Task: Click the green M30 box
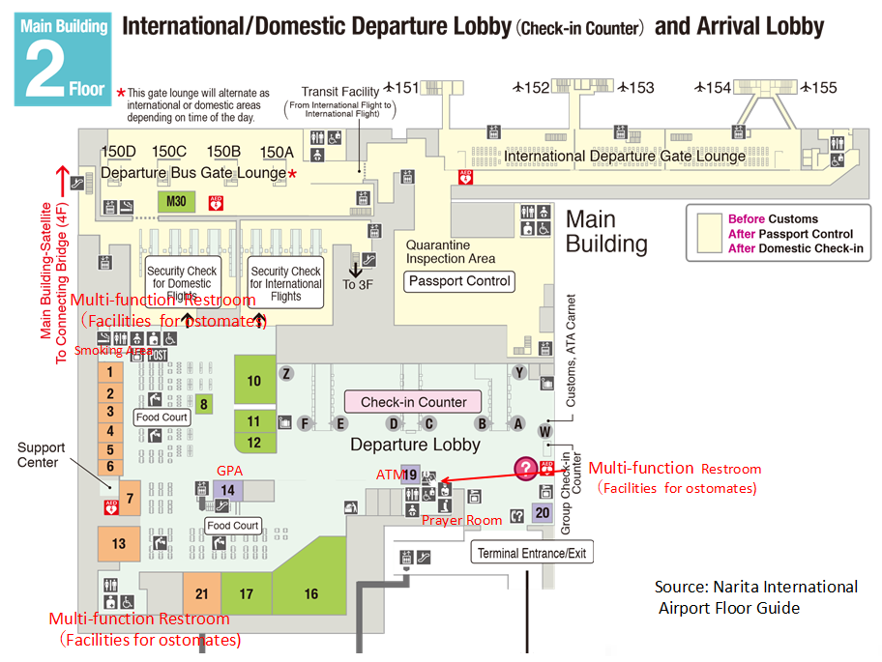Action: click(x=176, y=202)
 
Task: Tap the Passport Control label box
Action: click(x=459, y=281)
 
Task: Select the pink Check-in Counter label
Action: click(x=413, y=402)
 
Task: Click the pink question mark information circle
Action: click(x=525, y=470)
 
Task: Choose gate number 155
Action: click(x=824, y=88)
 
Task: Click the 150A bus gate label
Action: click(x=277, y=152)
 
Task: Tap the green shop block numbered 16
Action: click(x=311, y=593)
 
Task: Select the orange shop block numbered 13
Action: click(x=118, y=543)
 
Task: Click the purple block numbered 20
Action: click(x=543, y=512)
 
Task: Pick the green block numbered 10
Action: click(x=254, y=381)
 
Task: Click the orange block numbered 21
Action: click(x=201, y=593)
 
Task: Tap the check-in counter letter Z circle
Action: click(x=286, y=373)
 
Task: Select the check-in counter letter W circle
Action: click(x=544, y=430)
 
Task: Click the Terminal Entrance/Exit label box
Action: click(x=532, y=553)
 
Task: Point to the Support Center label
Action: click(x=42, y=454)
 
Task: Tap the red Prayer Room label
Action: click(x=461, y=520)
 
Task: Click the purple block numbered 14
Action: click(x=227, y=490)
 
